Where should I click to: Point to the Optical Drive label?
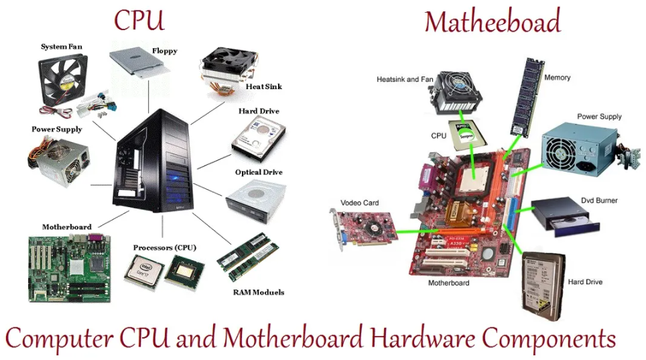click(x=259, y=172)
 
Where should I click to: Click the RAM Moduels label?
click(x=259, y=292)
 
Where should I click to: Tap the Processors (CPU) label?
click(x=164, y=247)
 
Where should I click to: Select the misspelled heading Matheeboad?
click(x=492, y=22)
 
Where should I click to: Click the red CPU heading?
click(x=139, y=20)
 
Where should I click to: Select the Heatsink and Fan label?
click(x=405, y=79)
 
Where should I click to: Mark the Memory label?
click(x=557, y=78)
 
